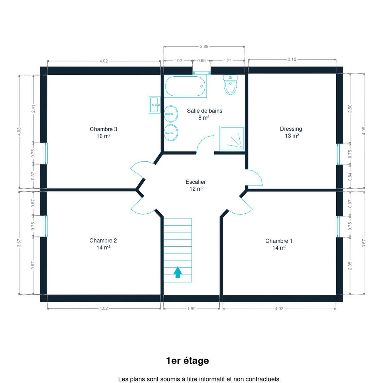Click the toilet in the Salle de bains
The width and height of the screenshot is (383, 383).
point(230,84)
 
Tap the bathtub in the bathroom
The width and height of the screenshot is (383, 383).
point(185,86)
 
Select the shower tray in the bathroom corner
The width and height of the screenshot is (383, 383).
point(232,138)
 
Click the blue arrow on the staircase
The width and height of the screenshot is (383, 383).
point(178,272)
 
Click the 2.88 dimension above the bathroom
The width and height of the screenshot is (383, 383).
point(204,46)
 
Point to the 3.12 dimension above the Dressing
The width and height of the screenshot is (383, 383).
point(292,59)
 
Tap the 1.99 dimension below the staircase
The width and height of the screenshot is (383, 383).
point(191,309)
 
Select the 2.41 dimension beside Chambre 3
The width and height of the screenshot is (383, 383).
point(33,109)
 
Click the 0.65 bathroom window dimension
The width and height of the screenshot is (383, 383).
point(201,61)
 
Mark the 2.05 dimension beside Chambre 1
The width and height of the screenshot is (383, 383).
point(350,265)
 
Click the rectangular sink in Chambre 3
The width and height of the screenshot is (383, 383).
point(154,105)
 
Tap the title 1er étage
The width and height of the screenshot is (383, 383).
point(187,361)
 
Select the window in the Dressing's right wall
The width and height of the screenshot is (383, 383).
point(338,154)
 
